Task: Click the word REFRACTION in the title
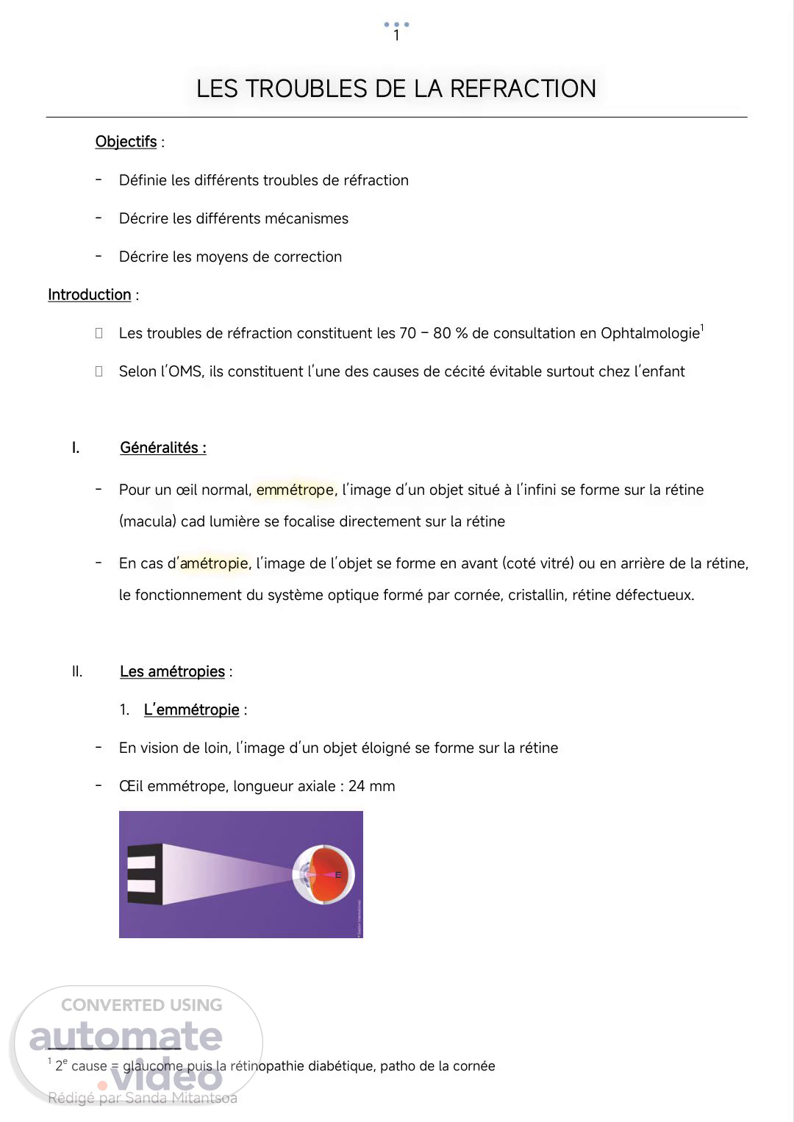[523, 89]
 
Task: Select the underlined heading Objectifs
[126, 142]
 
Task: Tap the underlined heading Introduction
[89, 295]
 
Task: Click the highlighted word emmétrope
[295, 490]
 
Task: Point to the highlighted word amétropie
[214, 563]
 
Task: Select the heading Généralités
[162, 448]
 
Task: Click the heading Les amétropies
[172, 671]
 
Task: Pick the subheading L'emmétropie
[191, 710]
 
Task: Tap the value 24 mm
[371, 786]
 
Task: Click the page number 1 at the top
[396, 35]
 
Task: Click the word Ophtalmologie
[649, 333]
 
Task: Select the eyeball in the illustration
[324, 875]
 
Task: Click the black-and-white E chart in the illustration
[141, 874]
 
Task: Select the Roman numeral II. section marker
[77, 671]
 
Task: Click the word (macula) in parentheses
[148, 521]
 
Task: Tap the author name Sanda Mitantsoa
[181, 1098]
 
